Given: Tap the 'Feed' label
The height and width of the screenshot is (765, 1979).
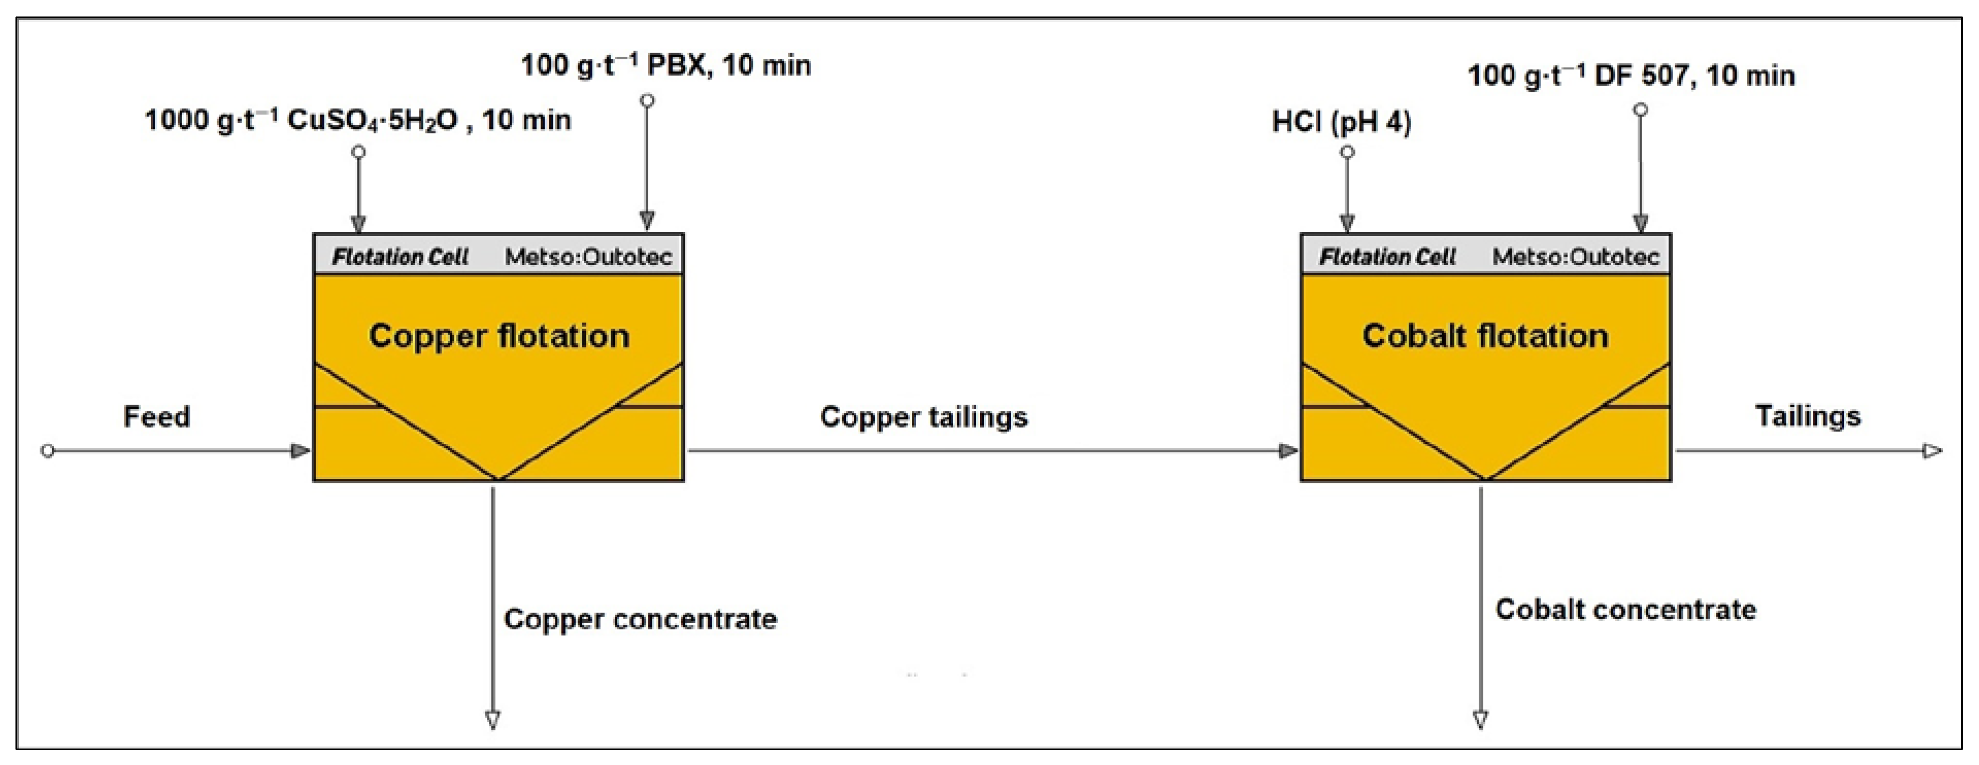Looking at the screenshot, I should pyautogui.click(x=157, y=417).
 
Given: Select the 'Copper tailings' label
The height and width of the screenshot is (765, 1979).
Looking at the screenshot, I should pyautogui.click(x=923, y=417).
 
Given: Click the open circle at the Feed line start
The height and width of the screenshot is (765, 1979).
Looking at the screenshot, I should pyautogui.click(x=47, y=451).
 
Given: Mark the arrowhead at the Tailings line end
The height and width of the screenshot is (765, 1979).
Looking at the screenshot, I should pyautogui.click(x=1932, y=451).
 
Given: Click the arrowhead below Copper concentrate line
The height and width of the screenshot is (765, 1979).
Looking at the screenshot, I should pyautogui.click(x=493, y=720).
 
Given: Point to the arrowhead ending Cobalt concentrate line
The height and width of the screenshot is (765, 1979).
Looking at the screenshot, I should pyautogui.click(x=1480, y=720).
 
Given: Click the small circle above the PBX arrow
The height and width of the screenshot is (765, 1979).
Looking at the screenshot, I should pyautogui.click(x=648, y=101).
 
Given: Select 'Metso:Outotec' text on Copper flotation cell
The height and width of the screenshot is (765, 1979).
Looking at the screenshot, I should pyautogui.click(x=588, y=257).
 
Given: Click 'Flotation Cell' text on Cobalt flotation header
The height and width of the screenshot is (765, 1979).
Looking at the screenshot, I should pyautogui.click(x=1387, y=257).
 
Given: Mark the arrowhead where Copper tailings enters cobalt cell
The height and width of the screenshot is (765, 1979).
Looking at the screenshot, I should pyautogui.click(x=1288, y=451).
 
